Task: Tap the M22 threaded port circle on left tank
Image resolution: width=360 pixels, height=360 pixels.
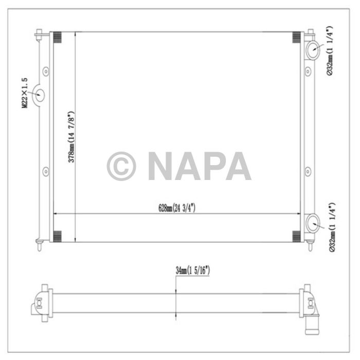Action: tap(40, 95)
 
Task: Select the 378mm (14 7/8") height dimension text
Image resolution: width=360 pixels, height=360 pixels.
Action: tap(72, 137)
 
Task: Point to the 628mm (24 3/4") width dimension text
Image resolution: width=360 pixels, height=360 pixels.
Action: tap(177, 208)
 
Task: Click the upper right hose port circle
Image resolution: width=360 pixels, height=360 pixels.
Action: tap(313, 50)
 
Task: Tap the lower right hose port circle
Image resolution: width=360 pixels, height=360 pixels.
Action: tap(313, 224)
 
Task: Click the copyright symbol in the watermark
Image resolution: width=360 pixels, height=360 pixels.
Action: tap(121, 166)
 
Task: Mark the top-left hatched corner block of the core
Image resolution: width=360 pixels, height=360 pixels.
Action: tap(57, 38)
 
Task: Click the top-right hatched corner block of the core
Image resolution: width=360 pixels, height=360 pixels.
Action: tap(297, 38)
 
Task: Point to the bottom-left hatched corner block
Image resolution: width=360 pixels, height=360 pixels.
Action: tap(57, 236)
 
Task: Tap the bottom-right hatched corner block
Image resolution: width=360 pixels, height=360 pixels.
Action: tap(297, 236)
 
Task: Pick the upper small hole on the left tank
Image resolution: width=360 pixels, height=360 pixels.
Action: tap(46, 70)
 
